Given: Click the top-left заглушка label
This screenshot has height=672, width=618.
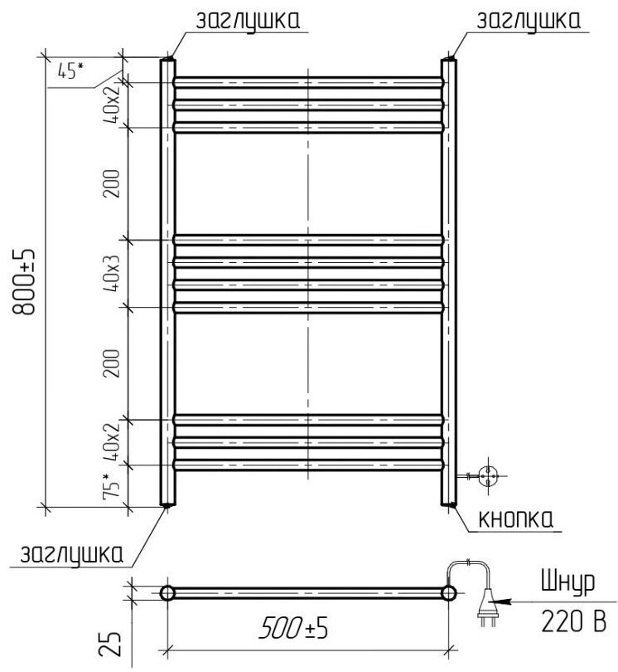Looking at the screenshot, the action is click(248, 21).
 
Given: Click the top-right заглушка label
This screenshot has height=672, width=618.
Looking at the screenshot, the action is click(529, 21).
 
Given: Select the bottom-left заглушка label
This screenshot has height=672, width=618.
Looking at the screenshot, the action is click(72, 555).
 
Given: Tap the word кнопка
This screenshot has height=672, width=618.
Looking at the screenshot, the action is click(515, 519).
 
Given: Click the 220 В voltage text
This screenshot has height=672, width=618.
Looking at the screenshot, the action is click(573, 621).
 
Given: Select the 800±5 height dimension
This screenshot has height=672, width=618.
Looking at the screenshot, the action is click(24, 281).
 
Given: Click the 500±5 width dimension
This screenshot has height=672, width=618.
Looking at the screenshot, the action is click(293, 628).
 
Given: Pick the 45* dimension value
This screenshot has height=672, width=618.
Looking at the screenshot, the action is click(70, 71).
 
